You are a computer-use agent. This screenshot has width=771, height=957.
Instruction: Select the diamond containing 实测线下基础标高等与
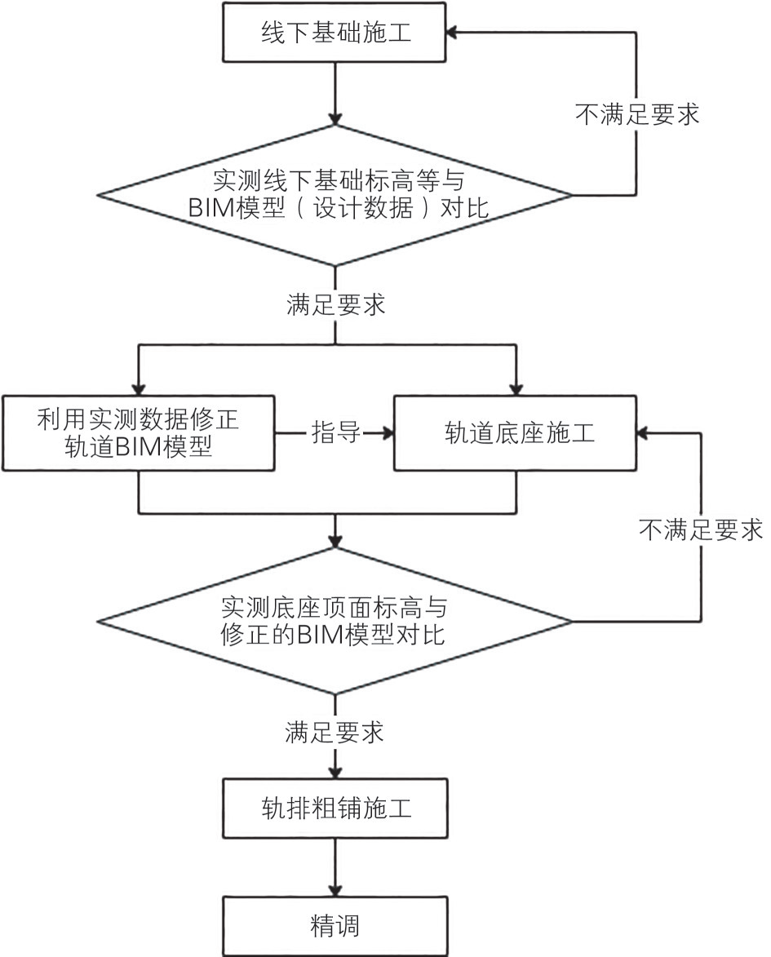coord(335,194)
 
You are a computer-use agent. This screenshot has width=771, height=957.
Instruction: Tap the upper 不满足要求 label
coord(636,114)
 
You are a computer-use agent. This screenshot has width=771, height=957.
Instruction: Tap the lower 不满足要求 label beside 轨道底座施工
coord(700,530)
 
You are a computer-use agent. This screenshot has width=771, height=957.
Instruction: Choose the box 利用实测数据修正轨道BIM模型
coord(138,433)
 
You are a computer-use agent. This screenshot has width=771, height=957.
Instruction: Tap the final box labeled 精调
coord(334,926)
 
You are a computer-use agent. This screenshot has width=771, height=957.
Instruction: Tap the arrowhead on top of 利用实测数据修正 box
coord(139,388)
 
